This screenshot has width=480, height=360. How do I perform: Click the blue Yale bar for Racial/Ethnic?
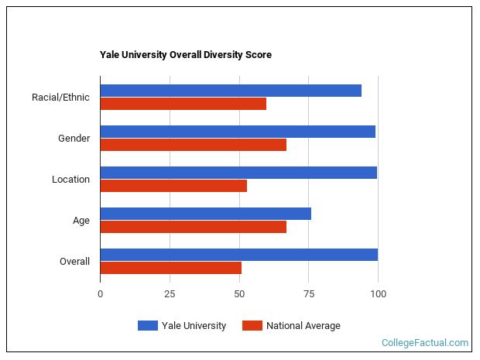pos(231,91)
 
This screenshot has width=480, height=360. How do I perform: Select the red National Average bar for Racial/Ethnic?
pos(183,104)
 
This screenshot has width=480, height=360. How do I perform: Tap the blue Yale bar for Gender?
pos(238,132)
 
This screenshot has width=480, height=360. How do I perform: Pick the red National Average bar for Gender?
pos(194,145)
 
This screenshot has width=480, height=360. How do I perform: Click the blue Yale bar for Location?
pos(238,173)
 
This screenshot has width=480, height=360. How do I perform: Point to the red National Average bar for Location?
pos(173,186)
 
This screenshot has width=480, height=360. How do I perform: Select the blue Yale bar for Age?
pos(206,214)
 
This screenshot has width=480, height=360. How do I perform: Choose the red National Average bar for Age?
pos(194,227)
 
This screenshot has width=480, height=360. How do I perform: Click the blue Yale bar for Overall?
pos(239,255)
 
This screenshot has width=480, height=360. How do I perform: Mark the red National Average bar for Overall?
pos(171,268)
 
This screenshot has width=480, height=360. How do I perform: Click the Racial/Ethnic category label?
pos(60,98)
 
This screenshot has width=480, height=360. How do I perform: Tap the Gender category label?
pos(74,139)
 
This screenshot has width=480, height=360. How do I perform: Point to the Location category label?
pos(70,180)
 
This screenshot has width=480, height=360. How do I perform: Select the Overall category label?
pos(74,262)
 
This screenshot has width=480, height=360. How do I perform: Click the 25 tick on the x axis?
pos(170,294)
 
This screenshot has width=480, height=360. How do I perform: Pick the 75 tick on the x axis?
pos(308,294)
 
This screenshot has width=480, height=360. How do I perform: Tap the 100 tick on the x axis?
pos(378,294)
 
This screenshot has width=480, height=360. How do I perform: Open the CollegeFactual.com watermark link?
pos(425,343)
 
